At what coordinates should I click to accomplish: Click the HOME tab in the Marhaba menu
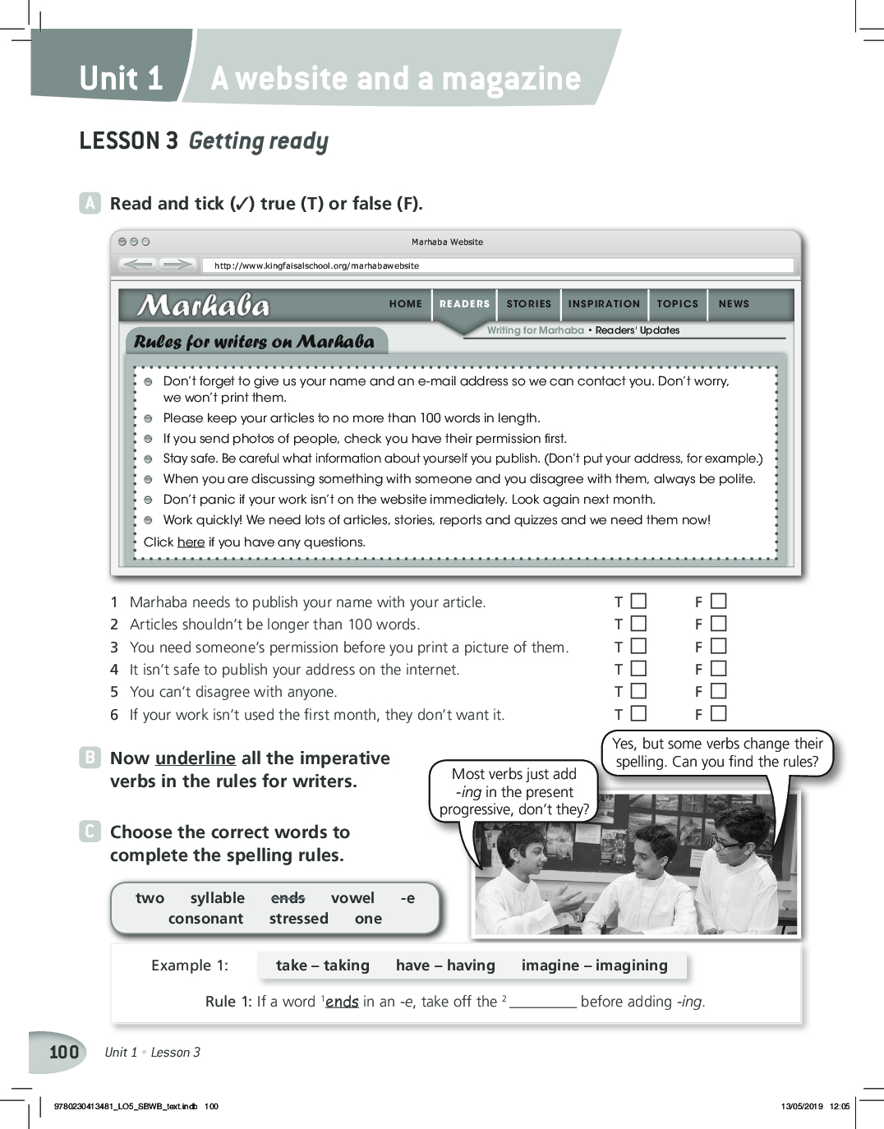405,304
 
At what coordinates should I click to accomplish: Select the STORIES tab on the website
528,304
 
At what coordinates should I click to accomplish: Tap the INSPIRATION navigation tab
604,304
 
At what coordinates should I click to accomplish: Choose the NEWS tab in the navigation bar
734,304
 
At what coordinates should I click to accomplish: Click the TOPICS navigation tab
677,304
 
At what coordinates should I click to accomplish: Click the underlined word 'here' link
191,542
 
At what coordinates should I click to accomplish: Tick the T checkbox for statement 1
639,601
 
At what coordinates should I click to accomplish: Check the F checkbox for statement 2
719,624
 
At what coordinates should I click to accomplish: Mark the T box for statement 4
639,670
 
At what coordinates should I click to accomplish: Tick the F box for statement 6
719,714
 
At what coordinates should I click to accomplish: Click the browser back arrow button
137,265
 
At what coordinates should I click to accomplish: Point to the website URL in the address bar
316,266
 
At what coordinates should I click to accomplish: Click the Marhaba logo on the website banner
204,306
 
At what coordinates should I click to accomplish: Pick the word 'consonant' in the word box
205,919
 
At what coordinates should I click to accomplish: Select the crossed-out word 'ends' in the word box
288,898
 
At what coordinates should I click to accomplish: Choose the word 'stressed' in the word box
298,919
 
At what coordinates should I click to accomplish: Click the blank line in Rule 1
542,1003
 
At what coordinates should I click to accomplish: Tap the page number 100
64,1053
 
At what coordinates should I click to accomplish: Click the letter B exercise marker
89,758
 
